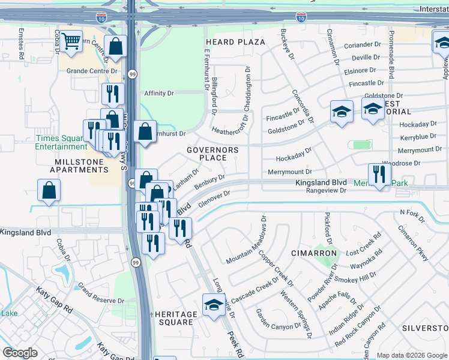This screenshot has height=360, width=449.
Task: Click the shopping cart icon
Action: (71, 41)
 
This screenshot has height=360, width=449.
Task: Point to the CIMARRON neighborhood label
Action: (315, 253)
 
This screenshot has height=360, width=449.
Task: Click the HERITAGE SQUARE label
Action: (175, 319)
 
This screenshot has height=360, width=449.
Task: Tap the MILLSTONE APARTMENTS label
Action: (82, 166)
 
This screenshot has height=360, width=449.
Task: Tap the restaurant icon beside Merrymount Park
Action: (379, 174)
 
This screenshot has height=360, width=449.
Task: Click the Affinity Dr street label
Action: (159, 94)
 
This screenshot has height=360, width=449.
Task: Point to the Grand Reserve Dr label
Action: (100, 296)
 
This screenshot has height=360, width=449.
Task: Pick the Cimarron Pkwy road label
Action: (414, 244)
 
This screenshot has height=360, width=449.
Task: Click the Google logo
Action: (20, 353)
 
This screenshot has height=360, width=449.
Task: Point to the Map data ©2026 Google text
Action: (411, 355)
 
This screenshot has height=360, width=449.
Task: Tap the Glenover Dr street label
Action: (214, 198)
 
